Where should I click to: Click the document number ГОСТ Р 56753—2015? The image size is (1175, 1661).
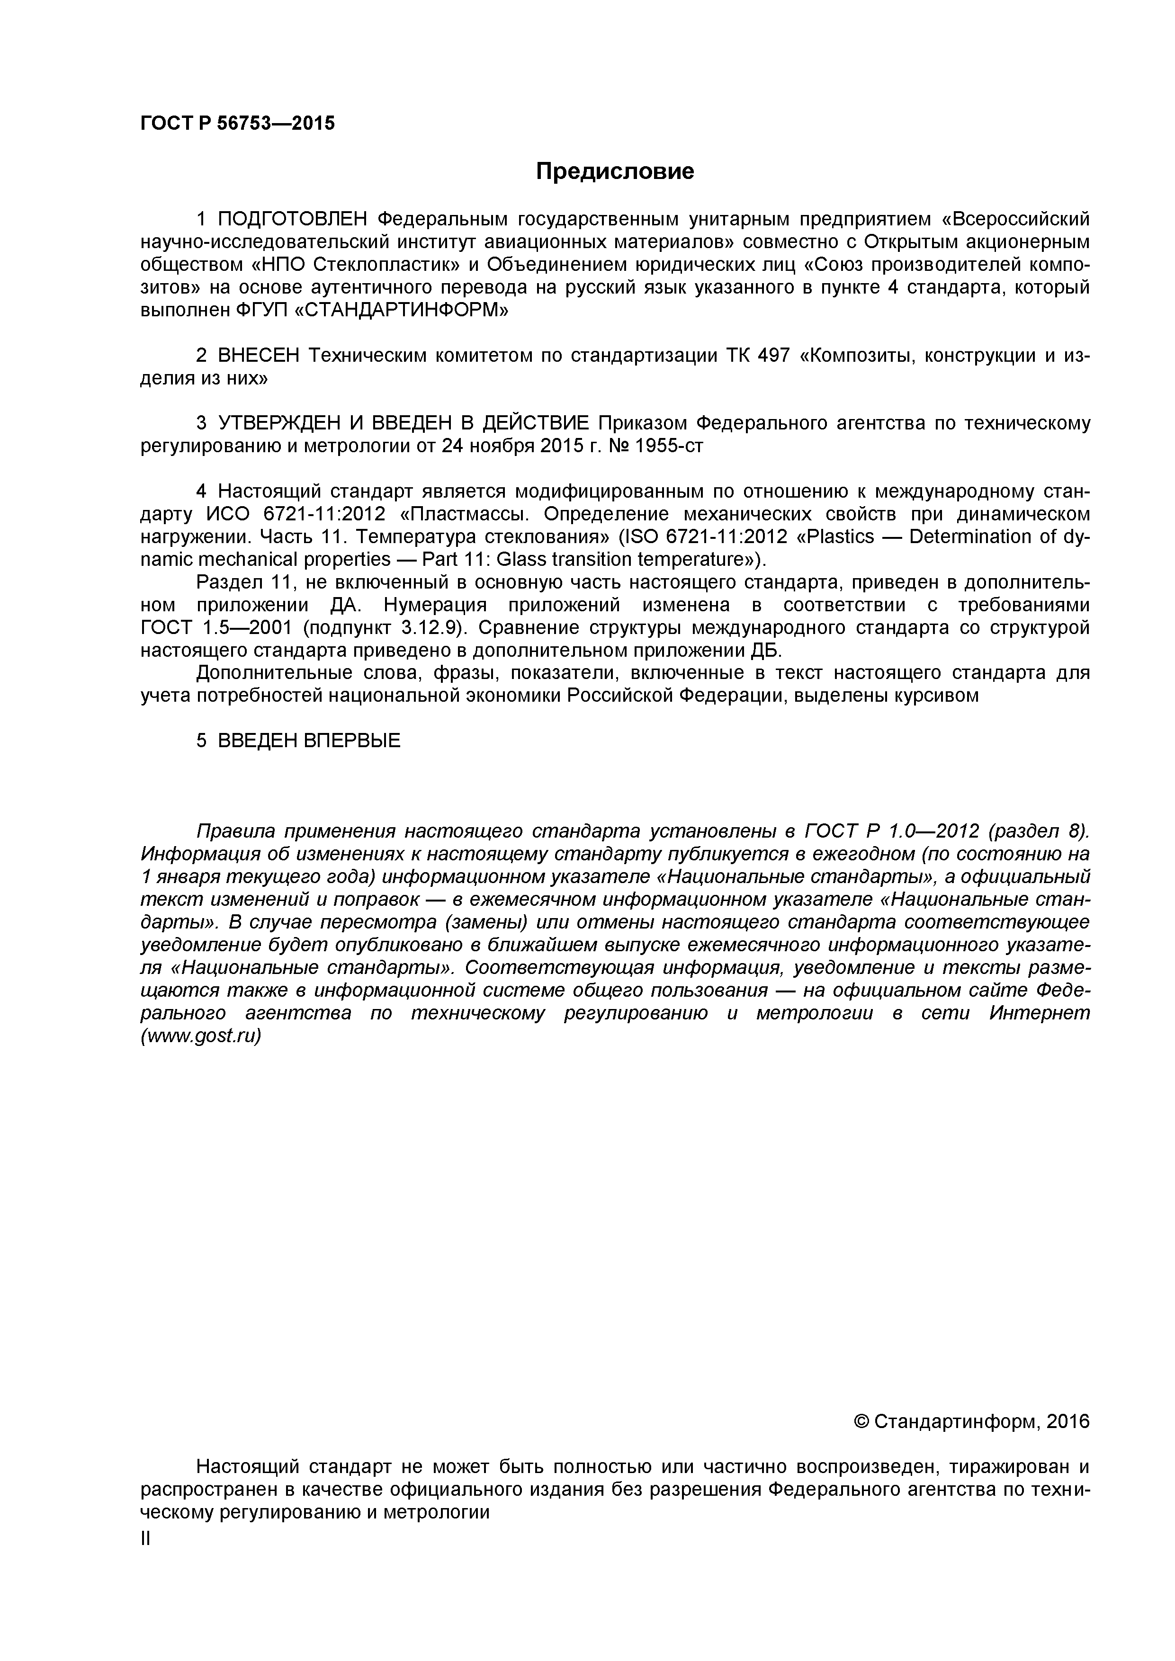tap(237, 124)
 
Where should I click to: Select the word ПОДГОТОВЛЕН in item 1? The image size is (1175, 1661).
tap(293, 218)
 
